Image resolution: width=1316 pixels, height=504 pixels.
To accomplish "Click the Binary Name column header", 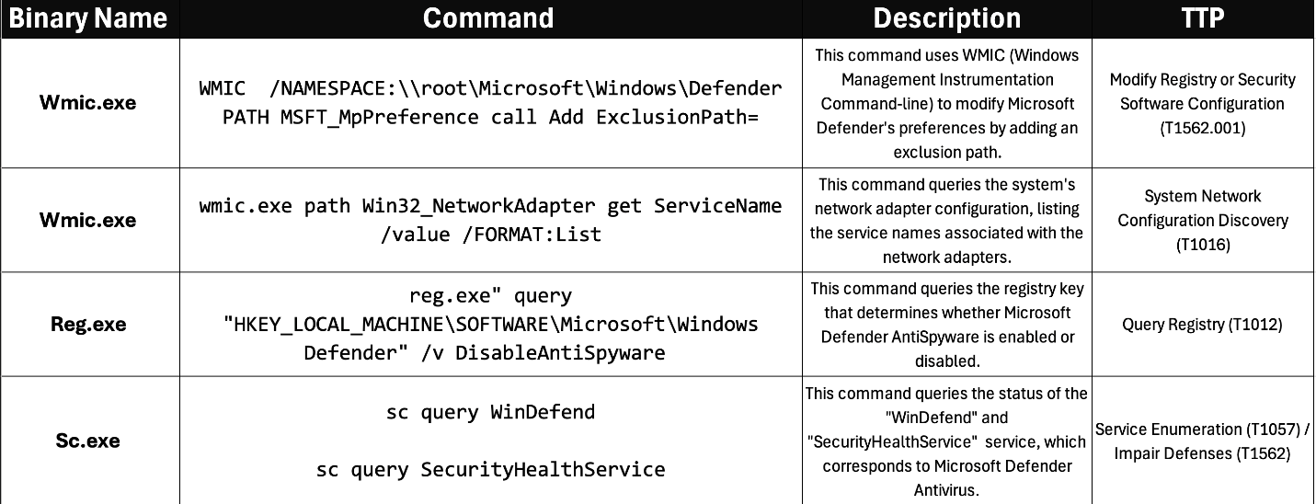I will pyautogui.click(x=89, y=18).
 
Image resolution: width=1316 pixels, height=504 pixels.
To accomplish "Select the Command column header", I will pyautogui.click(x=488, y=18).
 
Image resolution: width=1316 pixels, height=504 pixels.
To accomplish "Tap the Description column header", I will pyautogui.click(x=946, y=18).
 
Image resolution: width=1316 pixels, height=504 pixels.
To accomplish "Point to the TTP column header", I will pyautogui.click(x=1202, y=18).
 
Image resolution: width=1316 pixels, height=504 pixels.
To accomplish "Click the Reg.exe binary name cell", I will pyautogui.click(x=88, y=324).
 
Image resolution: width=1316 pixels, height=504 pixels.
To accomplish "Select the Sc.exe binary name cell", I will pyautogui.click(x=88, y=441).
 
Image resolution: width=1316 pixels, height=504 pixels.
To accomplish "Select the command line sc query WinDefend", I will pyautogui.click(x=490, y=412).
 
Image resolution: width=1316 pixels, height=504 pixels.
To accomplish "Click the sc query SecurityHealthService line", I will pyautogui.click(x=490, y=470).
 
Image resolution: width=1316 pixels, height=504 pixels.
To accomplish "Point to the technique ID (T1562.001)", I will pyautogui.click(x=1202, y=128).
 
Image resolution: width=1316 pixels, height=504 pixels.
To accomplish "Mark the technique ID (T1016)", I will pyautogui.click(x=1202, y=244).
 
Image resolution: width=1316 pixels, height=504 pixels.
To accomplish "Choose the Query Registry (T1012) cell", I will pyautogui.click(x=1202, y=324).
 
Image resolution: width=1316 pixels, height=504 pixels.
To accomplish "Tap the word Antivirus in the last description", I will pyautogui.click(x=946, y=489).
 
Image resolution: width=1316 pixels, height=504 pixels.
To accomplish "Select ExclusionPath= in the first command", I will pyautogui.click(x=678, y=117).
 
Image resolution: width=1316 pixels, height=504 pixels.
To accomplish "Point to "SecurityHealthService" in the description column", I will pyautogui.click(x=887, y=441).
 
